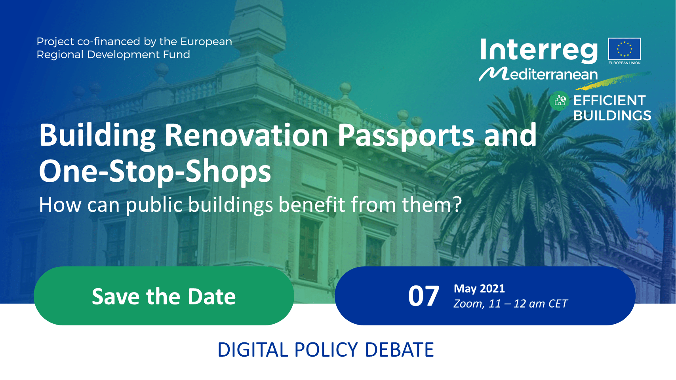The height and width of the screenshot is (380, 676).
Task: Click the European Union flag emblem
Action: [x=625, y=49]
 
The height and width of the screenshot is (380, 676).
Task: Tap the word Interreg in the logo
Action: [x=539, y=51]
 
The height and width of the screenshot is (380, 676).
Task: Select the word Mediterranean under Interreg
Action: [x=538, y=74]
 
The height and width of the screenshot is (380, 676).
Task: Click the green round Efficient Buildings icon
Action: [x=559, y=101]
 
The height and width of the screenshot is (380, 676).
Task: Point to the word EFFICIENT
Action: [x=609, y=101]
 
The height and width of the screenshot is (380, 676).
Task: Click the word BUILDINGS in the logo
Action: [x=612, y=116]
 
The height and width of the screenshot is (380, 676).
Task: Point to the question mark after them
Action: [x=458, y=205]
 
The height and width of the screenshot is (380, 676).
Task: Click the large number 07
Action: [x=423, y=296]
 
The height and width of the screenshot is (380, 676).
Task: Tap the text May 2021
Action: [x=479, y=289]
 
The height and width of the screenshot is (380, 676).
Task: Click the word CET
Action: [x=558, y=304]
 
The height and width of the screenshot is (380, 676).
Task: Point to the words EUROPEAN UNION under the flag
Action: [x=625, y=63]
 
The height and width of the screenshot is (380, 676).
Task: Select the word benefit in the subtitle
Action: [x=311, y=205]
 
